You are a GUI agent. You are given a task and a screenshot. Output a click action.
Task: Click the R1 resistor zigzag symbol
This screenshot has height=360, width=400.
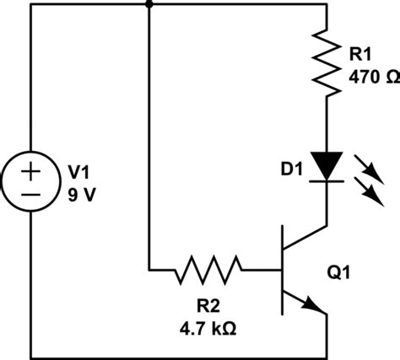coord(326,62)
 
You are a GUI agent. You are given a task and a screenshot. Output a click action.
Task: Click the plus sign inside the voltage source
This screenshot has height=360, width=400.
coord(30,171)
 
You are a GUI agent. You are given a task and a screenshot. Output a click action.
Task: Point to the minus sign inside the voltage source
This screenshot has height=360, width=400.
coord(30,195)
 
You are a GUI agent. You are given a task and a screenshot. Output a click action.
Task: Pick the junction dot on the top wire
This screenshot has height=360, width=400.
coord(149,4)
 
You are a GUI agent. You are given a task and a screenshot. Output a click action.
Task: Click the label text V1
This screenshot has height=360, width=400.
coord(78,172)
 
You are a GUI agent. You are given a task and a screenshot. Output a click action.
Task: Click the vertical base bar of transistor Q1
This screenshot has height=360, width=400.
coord(281,271)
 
